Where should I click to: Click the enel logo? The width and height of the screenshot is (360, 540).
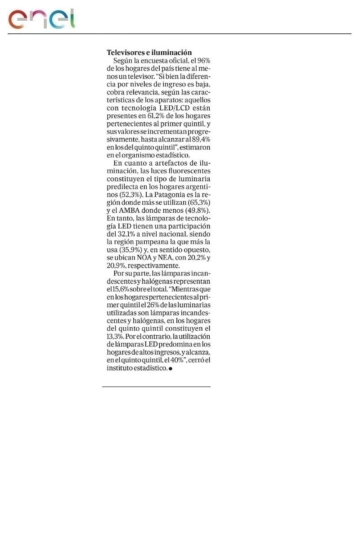41,18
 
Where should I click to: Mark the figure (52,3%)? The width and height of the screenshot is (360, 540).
127,195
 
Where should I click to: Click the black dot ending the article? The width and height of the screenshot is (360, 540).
171,369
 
